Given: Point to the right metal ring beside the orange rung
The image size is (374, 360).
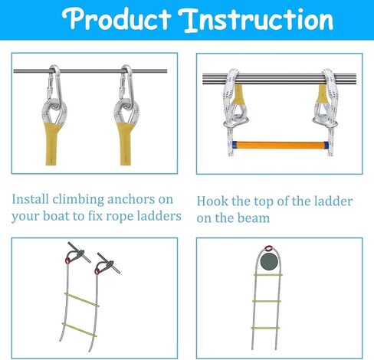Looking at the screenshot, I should coord(324,122).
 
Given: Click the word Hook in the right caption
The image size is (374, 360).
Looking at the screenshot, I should coord(213,201).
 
